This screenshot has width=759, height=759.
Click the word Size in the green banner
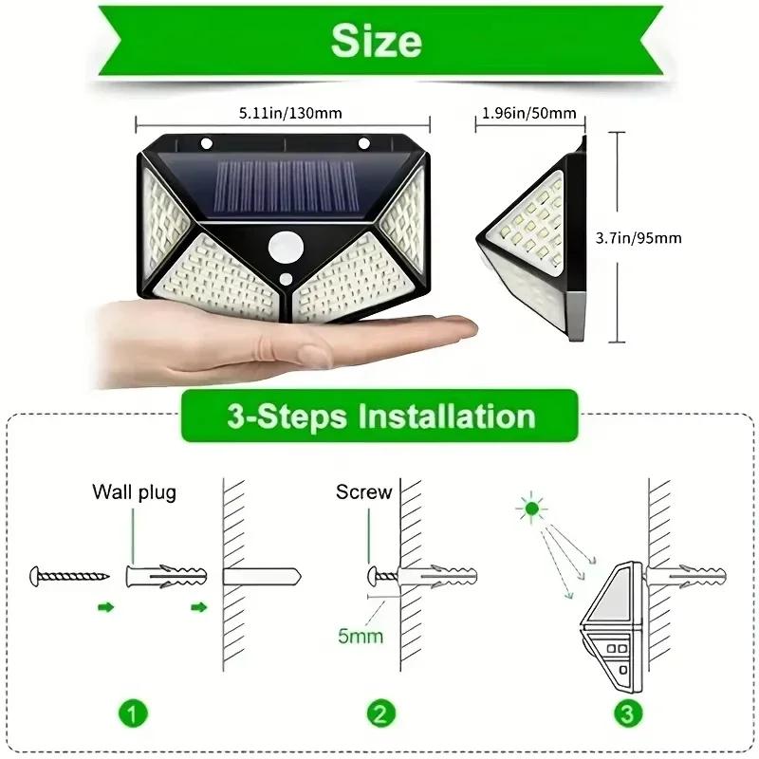376,41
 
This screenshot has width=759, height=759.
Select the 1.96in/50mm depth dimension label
528,113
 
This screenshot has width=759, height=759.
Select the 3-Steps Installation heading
379,417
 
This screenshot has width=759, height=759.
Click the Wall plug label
134,492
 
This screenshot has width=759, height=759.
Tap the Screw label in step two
363,492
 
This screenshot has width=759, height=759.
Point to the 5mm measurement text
361,635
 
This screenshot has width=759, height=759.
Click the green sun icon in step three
530,510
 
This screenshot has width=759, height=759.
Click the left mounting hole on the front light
204,144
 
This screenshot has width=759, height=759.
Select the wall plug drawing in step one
165,575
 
